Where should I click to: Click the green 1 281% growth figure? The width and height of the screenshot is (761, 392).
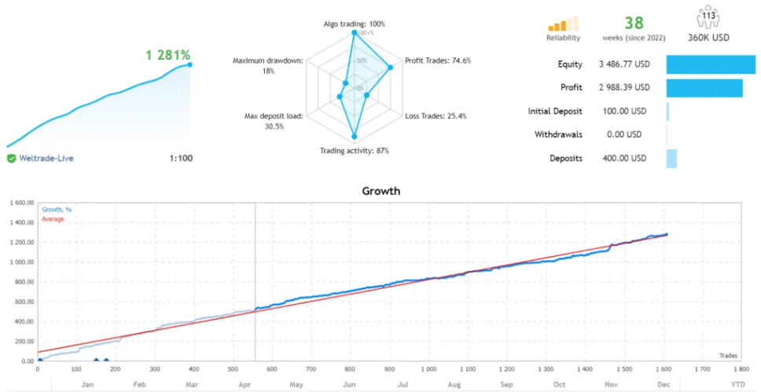coord(168,55)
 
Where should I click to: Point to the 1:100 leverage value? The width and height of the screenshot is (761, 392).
coord(181,158)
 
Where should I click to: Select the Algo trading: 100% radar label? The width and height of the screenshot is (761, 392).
coord(354,24)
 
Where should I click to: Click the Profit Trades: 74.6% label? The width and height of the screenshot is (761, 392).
coord(437,60)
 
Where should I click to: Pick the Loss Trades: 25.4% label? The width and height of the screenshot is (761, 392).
coord(436,116)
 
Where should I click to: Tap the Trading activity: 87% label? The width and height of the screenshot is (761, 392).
coord(354,151)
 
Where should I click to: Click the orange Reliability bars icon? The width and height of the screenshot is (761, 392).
coord(563,24)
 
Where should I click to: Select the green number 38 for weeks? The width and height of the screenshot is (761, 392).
coord(634,23)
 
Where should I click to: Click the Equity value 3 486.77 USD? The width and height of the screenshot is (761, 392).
coord(624,64)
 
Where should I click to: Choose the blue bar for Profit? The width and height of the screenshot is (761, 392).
coord(704,88)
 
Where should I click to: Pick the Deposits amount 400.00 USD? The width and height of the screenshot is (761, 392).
coord(624,159)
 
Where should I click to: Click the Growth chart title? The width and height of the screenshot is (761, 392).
coord(380,191)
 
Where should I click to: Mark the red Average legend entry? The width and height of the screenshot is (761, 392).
coord(53,220)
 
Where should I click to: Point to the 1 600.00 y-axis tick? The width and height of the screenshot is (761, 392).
coord(20,203)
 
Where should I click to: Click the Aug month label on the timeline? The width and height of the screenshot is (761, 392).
coord(454,385)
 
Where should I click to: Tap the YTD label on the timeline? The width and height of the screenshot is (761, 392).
coord(738,385)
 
